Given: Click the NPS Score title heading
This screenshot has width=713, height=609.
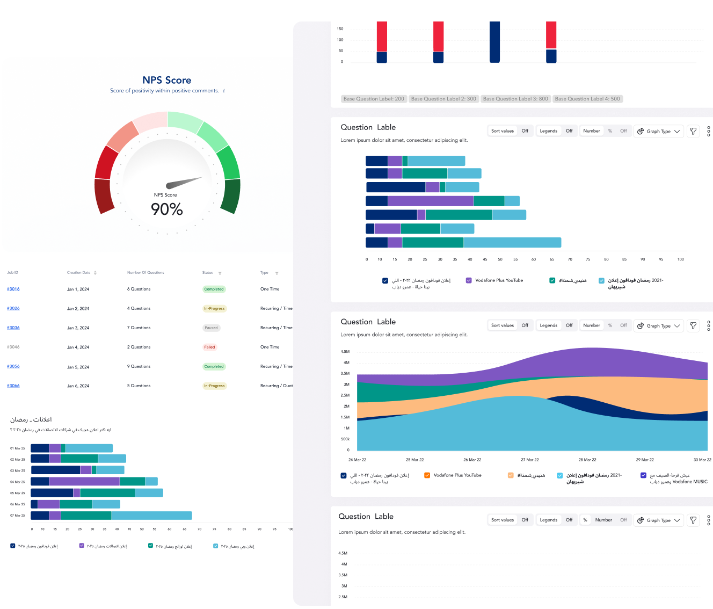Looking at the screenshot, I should [x=167, y=80].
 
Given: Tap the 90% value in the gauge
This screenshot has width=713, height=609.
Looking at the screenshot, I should [x=167, y=209].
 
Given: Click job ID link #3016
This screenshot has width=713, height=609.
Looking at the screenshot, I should [x=13, y=289].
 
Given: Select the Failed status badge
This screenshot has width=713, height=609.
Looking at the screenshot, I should [x=209, y=347].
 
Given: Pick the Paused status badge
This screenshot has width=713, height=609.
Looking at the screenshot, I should [x=211, y=328].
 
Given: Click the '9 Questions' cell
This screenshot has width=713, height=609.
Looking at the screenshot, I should [x=139, y=366].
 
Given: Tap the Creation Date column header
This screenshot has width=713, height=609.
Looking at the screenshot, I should [x=79, y=273].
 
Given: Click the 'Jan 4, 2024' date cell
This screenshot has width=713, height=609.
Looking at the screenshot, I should [x=78, y=347].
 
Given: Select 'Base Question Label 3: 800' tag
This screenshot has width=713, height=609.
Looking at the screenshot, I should [x=515, y=99].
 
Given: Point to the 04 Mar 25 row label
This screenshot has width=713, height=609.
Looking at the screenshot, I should [x=18, y=482].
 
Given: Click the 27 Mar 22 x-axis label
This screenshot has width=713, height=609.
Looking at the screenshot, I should [x=530, y=460].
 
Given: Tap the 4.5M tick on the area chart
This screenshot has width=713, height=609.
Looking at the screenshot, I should [x=345, y=352].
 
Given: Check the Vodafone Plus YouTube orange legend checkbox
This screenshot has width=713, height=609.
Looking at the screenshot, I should [x=427, y=475].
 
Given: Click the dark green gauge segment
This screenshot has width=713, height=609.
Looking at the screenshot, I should [x=231, y=195].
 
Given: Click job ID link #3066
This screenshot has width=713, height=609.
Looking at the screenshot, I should [x=13, y=386].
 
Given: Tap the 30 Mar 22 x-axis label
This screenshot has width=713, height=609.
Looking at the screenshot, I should [x=702, y=460].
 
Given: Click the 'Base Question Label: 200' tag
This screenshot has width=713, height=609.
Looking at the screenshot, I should [x=374, y=99].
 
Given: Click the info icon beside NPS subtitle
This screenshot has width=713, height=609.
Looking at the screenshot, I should [x=224, y=91].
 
